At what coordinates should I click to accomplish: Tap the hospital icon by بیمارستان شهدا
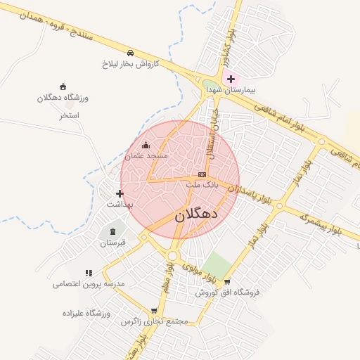pos(231,79)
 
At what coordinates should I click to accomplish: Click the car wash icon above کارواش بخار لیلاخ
pos(130,53)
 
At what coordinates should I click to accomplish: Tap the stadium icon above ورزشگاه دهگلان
pos(63,86)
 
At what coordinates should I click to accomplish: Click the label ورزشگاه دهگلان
pos(64,98)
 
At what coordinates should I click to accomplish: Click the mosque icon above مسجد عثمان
pos(146,145)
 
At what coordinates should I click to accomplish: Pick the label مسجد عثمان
pos(147,155)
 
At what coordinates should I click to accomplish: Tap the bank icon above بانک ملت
pos(202,174)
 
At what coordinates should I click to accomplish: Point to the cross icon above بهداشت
pos(119,193)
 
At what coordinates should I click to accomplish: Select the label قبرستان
pos(112,243)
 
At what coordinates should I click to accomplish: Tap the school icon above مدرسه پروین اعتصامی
pos(89,273)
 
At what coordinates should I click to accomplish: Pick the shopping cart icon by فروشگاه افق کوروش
pos(226,281)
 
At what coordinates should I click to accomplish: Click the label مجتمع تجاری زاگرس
pos(155,321)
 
